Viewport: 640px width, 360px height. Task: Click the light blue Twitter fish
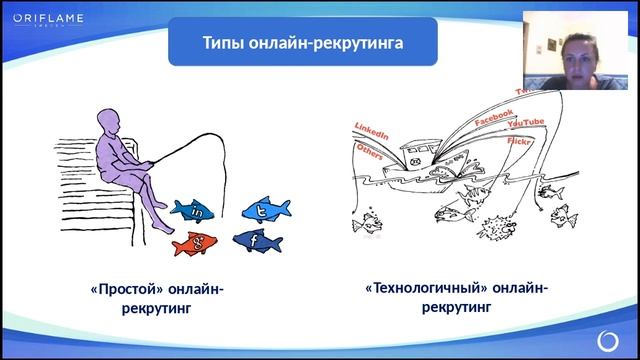coord(262,210)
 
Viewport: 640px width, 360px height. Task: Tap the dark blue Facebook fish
coord(257,240)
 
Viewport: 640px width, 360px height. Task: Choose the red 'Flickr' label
coord(519,144)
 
